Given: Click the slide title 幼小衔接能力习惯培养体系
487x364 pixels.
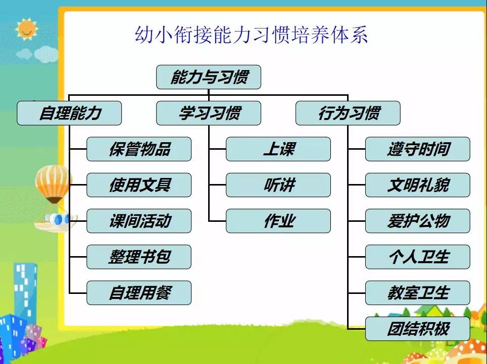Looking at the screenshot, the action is pos(251,34).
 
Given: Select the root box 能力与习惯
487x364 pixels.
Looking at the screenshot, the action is pos(209,77).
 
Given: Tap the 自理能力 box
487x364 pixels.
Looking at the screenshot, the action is pos(69,113).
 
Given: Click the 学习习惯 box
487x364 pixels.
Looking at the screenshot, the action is pos(209,113).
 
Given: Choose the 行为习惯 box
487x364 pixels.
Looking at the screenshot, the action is pos(348,113).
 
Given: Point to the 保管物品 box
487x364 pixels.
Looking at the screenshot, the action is pos(139,149).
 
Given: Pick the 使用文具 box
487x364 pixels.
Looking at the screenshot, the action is pos(139,185).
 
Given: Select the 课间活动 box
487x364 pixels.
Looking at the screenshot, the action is pos(139,221).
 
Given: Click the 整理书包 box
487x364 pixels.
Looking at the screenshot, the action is pos(139,257).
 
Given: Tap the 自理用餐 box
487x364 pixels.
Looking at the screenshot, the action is pos(139,293).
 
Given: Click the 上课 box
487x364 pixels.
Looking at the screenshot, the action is pos(278,149).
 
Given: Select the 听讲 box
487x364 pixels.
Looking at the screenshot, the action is pos(278,185).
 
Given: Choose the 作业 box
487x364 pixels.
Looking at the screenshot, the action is pos(278,221).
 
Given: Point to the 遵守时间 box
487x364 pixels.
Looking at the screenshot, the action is pos(418,149).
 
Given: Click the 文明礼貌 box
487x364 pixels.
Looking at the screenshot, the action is pos(418,185).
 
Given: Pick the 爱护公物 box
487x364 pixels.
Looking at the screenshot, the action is pos(418,221).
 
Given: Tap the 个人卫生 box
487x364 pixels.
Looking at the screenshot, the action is pos(418,257).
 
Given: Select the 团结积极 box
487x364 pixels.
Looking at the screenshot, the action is pos(418,329).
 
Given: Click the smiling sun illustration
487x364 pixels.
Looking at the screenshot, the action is pos(26,29).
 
